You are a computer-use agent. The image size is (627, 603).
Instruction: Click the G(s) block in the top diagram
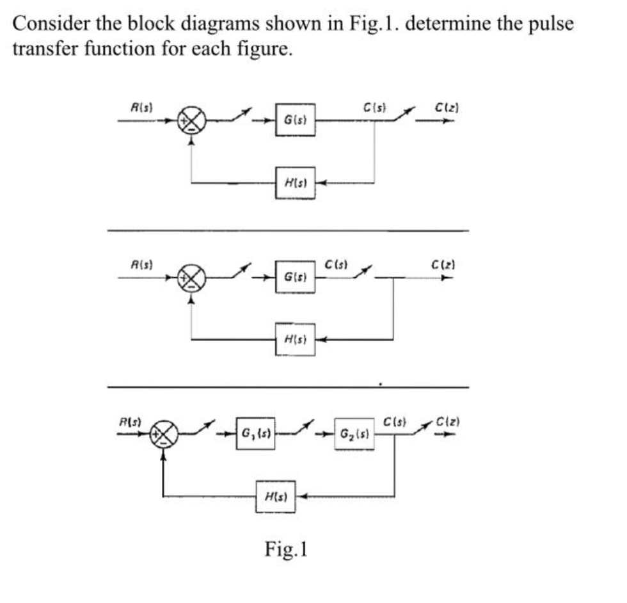pyautogui.click(x=295, y=120)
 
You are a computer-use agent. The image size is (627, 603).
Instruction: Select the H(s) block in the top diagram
pyautogui.click(x=295, y=183)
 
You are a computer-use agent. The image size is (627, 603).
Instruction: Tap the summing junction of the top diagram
pyautogui.click(x=192, y=120)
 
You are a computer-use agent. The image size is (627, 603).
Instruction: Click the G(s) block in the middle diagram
pyautogui.click(x=295, y=277)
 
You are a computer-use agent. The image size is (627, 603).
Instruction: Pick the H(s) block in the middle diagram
pyautogui.click(x=295, y=340)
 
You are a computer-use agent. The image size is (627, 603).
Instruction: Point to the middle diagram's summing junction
pyautogui.click(x=192, y=277)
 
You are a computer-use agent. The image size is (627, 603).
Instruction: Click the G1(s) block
pyautogui.click(x=255, y=433)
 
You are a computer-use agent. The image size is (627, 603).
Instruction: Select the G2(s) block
pyautogui.click(x=354, y=434)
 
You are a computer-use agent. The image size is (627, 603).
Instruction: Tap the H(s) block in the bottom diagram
pyautogui.click(x=276, y=497)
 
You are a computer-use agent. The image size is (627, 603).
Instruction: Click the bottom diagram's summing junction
pyautogui.click(x=164, y=434)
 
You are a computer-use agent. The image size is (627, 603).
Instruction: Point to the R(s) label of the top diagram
pyautogui.click(x=142, y=108)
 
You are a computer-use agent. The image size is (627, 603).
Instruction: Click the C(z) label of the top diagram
pyautogui.click(x=447, y=108)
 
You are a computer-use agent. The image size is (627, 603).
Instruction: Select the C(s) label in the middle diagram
pyautogui.click(x=336, y=264)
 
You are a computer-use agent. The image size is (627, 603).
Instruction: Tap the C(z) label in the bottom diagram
pyautogui.click(x=447, y=421)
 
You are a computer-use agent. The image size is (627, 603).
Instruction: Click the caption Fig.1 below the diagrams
pyautogui.click(x=286, y=549)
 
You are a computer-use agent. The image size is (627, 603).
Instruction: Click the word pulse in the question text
pyautogui.click(x=551, y=24)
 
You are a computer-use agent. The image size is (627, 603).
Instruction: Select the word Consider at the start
pyautogui.click(x=51, y=24)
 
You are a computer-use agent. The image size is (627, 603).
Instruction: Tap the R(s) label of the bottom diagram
pyautogui.click(x=131, y=421)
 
